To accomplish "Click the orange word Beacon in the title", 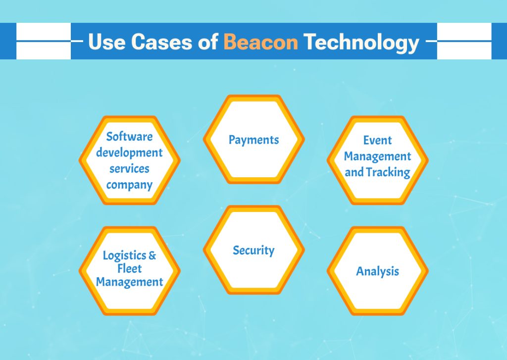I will [x=260, y=42].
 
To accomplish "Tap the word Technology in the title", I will [x=361, y=42].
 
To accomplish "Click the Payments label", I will [x=253, y=140].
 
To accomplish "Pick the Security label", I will [x=253, y=251].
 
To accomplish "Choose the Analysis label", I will [x=377, y=271].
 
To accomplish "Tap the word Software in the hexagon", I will [x=130, y=136].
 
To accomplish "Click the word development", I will [x=130, y=153].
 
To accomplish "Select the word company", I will [x=130, y=185].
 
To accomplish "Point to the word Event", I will [x=377, y=141].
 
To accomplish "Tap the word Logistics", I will [x=124, y=256].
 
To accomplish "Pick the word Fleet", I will [x=130, y=269].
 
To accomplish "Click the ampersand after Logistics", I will [x=152, y=256].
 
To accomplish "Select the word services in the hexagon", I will [x=130, y=169].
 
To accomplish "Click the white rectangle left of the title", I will [x=43, y=41].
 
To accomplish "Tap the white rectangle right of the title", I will [x=464, y=41].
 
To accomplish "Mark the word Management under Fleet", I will [x=130, y=282].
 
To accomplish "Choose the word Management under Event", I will [x=377, y=156].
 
